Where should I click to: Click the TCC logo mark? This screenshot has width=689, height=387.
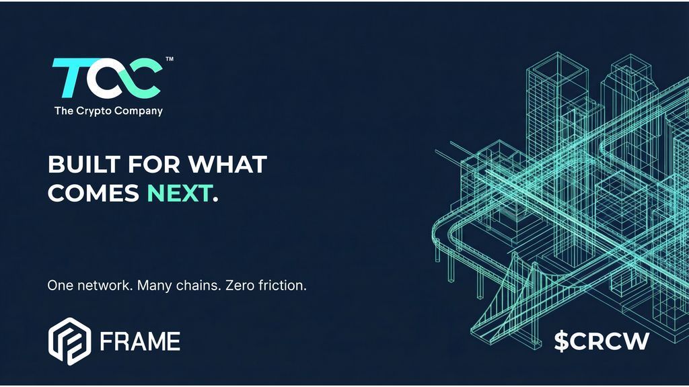106,78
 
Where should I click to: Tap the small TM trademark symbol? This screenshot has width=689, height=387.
170,60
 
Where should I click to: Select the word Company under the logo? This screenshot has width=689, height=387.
140,111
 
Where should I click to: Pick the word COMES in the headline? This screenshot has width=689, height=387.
94,193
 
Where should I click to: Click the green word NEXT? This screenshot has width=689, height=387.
179,193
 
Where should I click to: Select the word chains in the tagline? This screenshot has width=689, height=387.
196,285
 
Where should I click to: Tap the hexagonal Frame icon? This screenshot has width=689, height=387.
69,341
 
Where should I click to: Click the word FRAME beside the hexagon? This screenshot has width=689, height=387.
139,341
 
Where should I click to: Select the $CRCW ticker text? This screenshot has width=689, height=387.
602,341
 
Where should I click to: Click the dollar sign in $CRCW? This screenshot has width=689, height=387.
562,341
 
